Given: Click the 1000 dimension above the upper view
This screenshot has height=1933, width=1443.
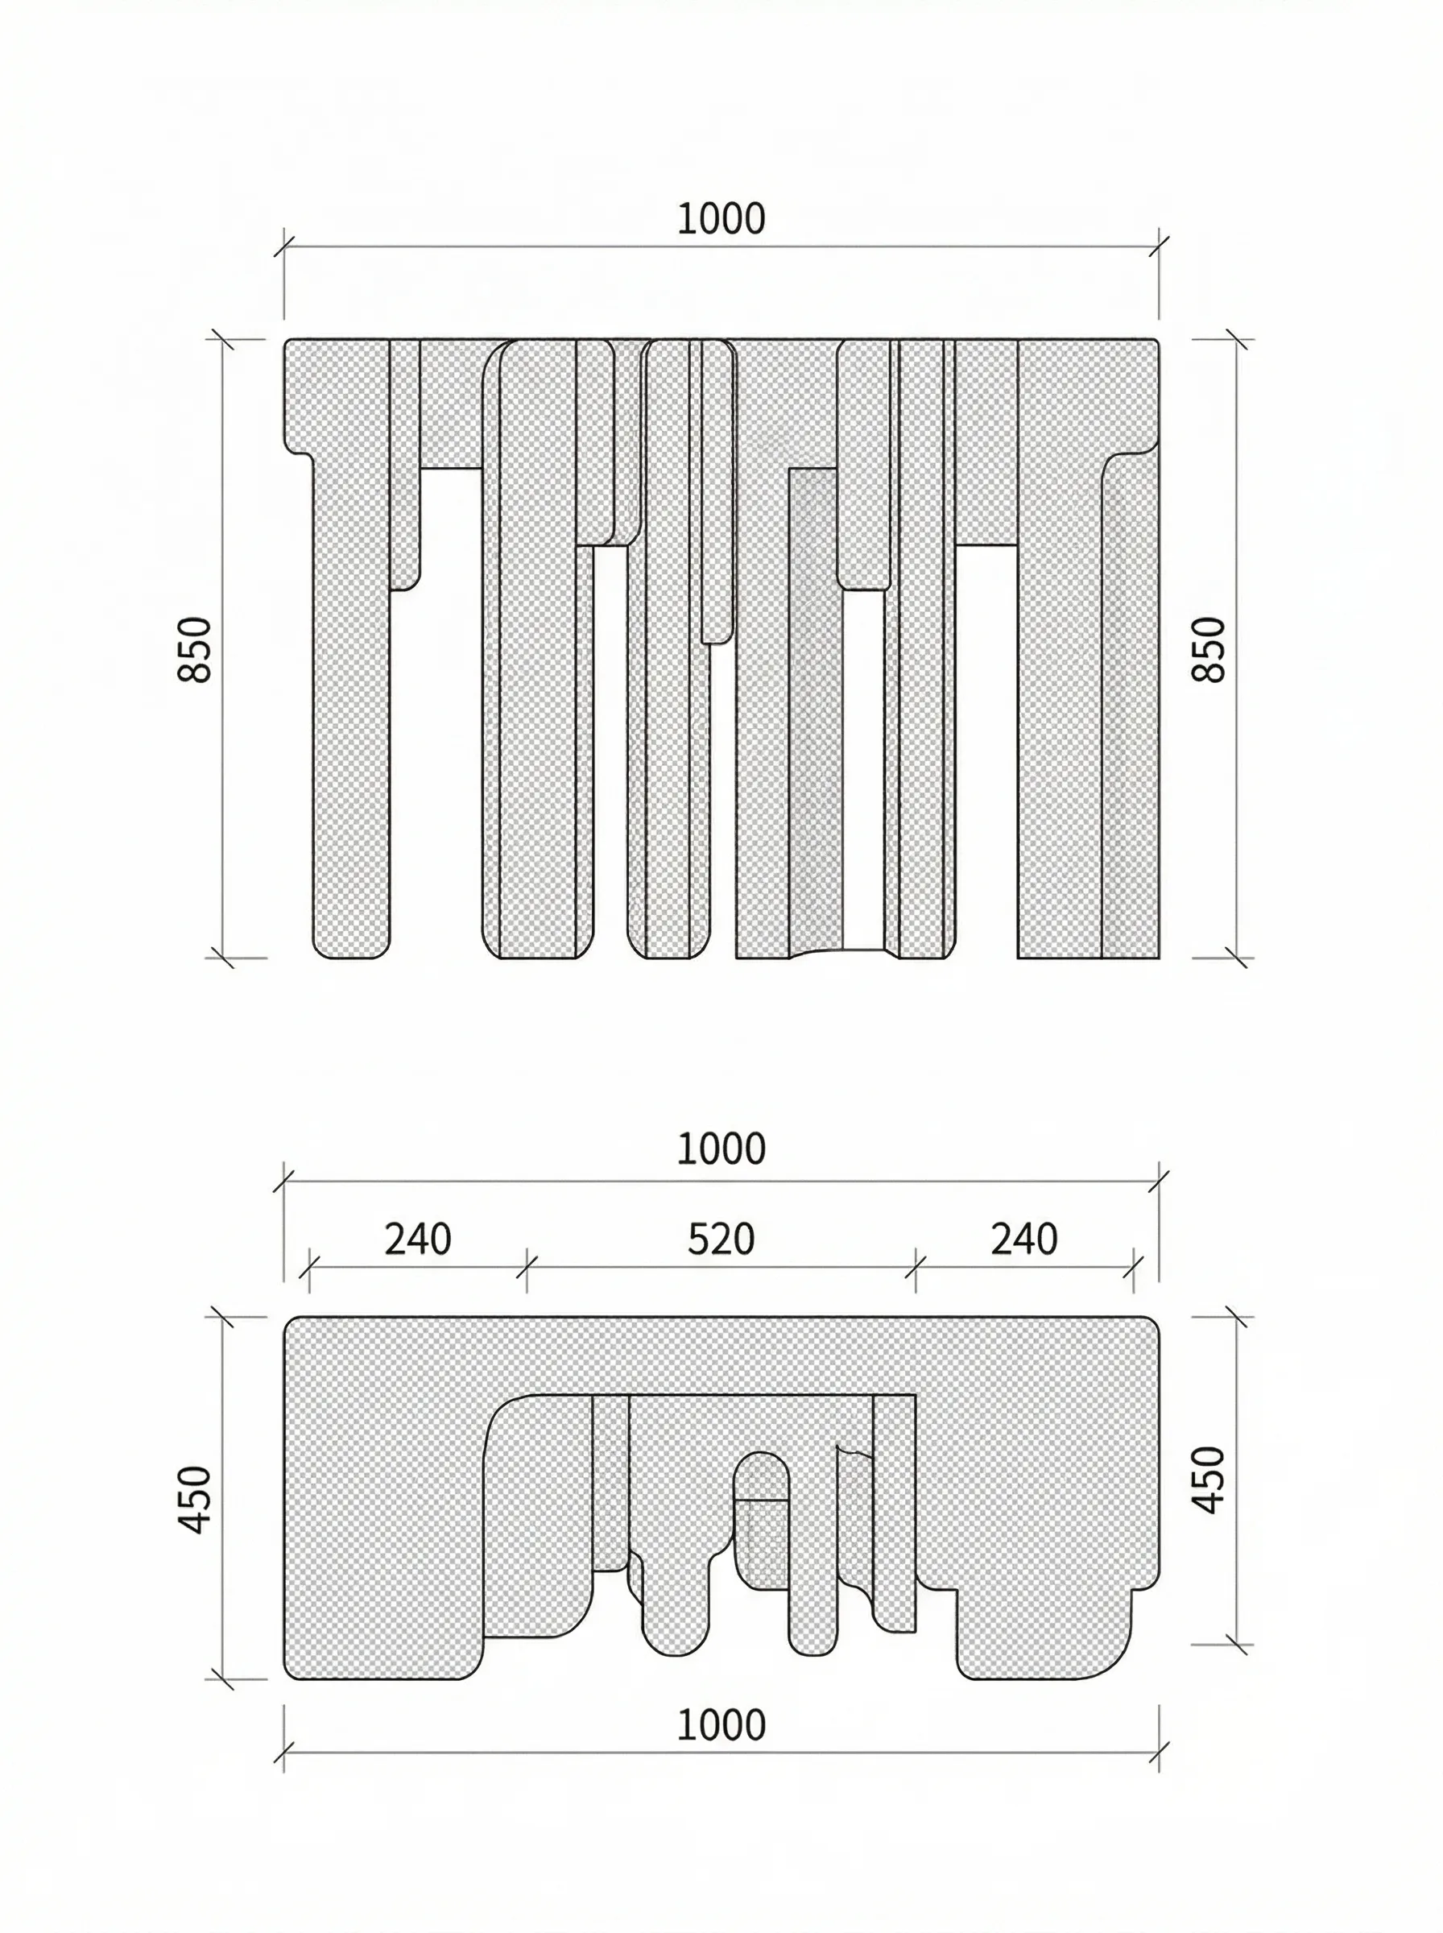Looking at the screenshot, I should coord(721,219).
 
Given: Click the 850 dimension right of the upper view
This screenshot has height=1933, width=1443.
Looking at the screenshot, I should coord(1209,648).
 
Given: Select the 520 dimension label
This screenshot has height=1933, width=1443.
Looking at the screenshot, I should coord(721,1239).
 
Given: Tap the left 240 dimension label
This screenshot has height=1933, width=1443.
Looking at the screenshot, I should coord(418,1239).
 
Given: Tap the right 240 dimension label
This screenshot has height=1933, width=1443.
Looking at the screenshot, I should coord(1023,1239).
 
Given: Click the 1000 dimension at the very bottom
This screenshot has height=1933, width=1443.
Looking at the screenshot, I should coord(721,1725).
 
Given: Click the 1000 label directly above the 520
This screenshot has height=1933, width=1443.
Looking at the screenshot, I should coord(721,1149).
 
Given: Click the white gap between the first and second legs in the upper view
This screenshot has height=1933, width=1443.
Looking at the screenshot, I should coord(451,699).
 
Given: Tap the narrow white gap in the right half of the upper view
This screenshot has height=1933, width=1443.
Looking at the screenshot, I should coord(864,768).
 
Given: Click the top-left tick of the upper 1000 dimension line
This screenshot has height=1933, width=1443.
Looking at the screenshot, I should coord(284,246).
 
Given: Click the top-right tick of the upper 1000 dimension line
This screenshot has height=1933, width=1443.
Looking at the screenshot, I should coord(1159,246).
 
